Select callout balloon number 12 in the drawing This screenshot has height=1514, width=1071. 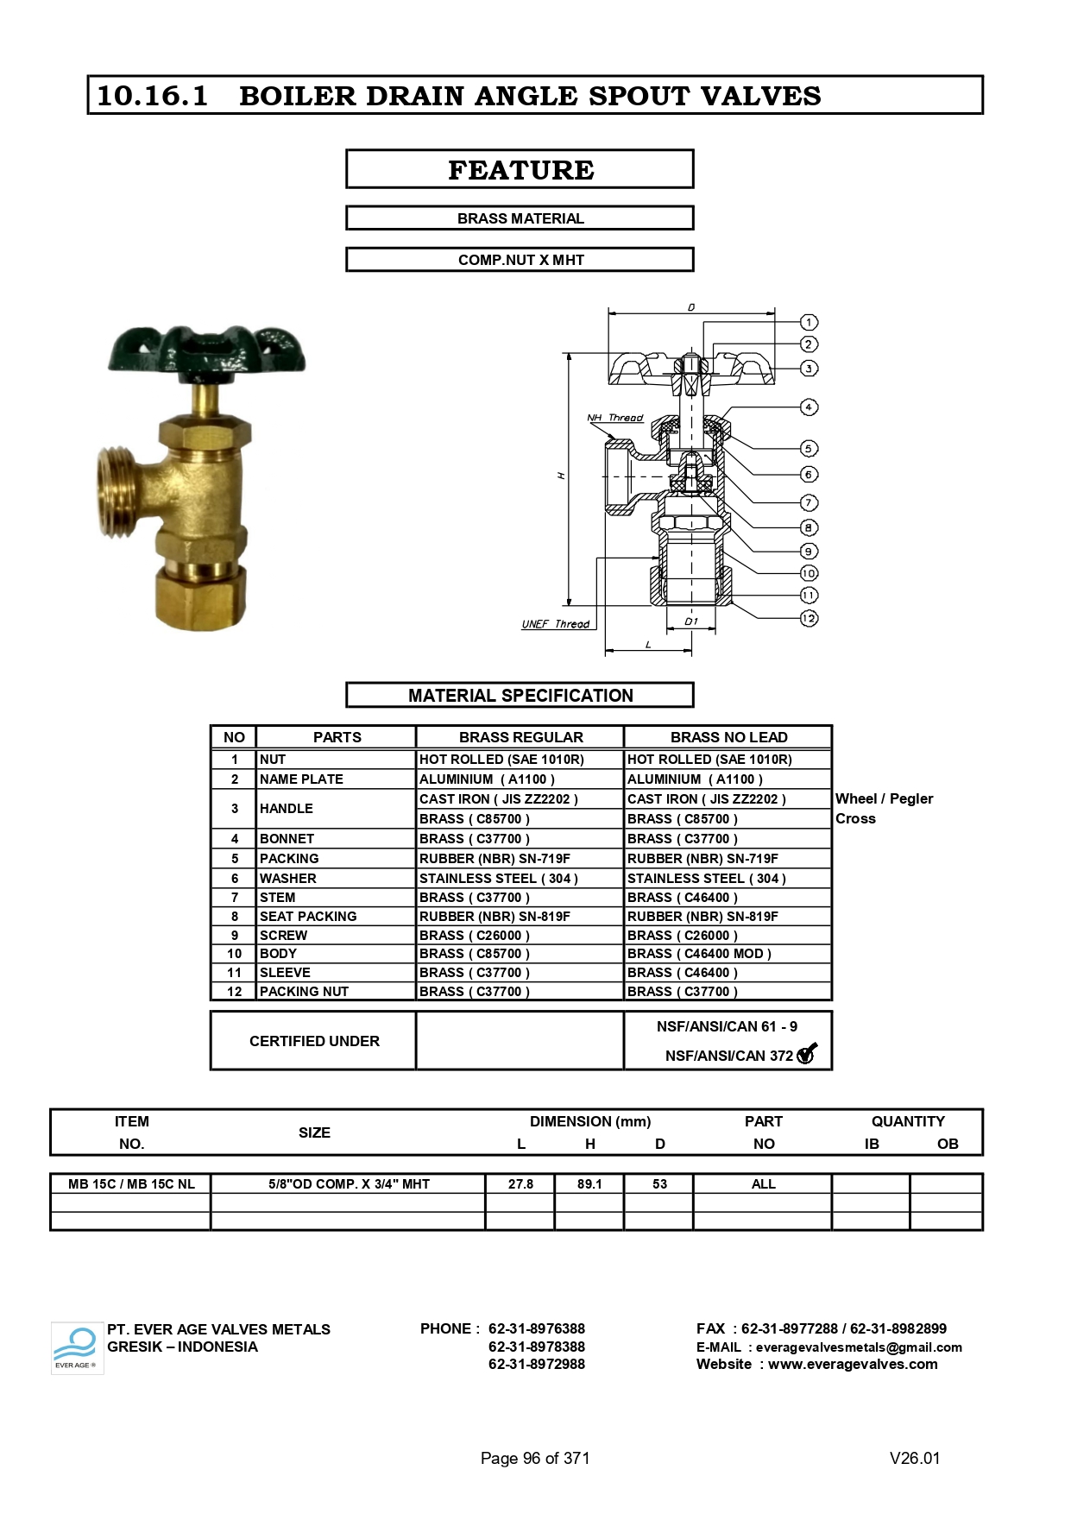point(809,619)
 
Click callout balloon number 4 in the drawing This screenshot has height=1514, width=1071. point(809,407)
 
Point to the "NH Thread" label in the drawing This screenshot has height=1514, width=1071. point(614,418)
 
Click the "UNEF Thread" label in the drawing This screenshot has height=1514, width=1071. point(555,624)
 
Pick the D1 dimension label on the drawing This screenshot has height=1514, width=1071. point(690,621)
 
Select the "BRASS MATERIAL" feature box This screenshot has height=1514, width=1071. point(520,218)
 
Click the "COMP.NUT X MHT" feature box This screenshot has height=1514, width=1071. point(520,260)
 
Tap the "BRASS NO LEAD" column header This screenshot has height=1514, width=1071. point(728,737)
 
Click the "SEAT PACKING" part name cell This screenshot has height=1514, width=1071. point(308,916)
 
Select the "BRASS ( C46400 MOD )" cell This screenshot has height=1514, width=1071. point(699,954)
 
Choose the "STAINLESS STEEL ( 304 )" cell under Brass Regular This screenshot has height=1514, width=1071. point(498,879)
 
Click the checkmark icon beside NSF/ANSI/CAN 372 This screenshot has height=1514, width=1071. point(807,1054)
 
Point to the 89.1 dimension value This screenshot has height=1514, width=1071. point(589,1184)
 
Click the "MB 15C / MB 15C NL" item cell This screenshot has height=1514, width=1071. point(131,1184)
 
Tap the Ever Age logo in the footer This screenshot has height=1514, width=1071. point(77,1347)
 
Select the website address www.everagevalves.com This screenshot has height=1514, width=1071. point(853,1365)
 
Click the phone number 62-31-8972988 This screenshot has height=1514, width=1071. point(536,1365)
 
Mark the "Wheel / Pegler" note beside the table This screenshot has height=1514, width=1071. point(884,799)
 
